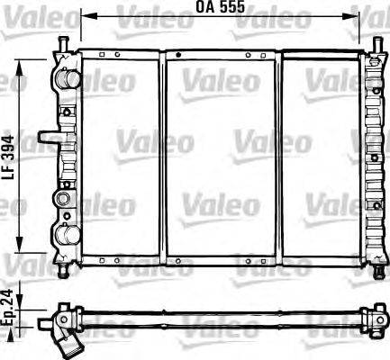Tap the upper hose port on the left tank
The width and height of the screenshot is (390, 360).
coord(66,80)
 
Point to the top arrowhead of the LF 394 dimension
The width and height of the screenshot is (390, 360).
coord(19,63)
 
